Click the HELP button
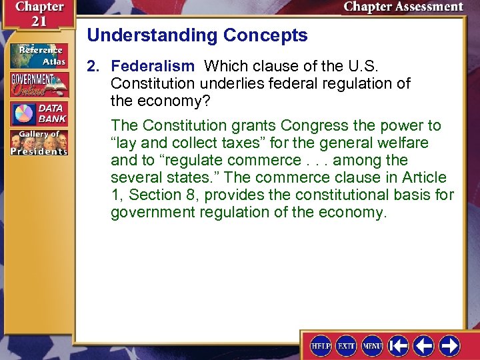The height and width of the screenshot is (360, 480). click(321, 345)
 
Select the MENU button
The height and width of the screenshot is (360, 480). click(372, 345)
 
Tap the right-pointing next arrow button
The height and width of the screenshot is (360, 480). click(449, 345)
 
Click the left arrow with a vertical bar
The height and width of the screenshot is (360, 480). click(399, 345)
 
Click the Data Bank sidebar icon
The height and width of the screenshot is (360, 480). click(39, 114)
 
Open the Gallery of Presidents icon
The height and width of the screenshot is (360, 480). click(39, 143)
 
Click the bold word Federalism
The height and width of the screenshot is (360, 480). click(152, 66)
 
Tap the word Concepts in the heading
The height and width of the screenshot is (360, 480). click(270, 35)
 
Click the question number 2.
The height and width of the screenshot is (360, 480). click(93, 66)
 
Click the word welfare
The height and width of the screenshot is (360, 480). click(405, 143)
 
